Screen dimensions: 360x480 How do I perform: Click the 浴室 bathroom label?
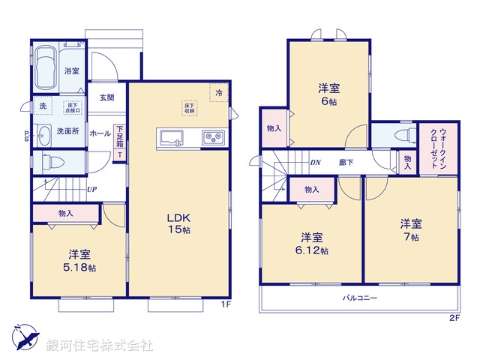71,71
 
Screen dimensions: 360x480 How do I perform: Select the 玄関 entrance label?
106,97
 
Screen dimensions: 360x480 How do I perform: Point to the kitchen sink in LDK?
171,136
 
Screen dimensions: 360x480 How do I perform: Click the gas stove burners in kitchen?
211,136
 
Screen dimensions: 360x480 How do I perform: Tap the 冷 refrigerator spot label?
219,92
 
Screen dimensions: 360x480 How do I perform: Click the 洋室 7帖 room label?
409,229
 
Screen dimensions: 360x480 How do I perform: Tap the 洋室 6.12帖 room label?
310,243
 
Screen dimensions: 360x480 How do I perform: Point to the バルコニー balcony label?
360,298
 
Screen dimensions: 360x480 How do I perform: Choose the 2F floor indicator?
453,318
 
